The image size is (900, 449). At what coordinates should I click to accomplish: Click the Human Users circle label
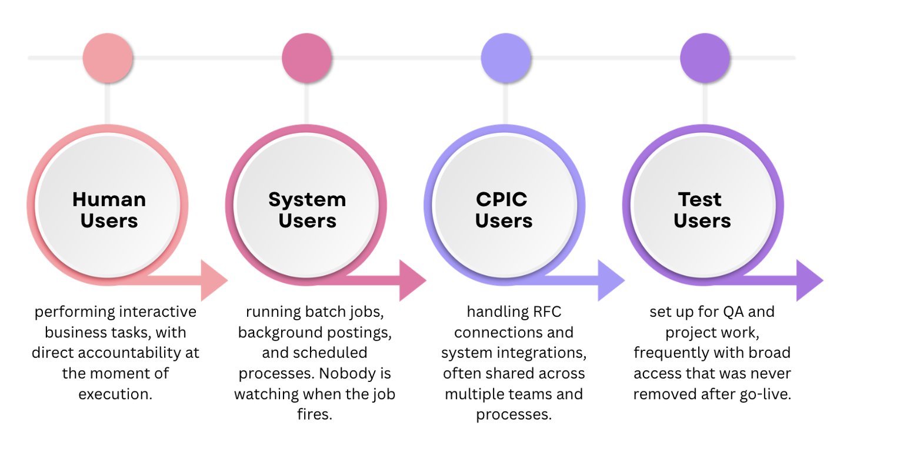pos(109,210)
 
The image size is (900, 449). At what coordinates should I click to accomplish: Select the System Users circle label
pos(308,210)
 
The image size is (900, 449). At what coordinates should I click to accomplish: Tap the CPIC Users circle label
pos(504,210)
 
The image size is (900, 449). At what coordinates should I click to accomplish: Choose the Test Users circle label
pos(702,210)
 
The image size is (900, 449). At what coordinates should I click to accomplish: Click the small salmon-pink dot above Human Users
pos(108,58)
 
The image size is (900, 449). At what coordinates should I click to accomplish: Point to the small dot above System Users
pos(306,58)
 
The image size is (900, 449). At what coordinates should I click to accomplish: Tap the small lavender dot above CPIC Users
pos(506,58)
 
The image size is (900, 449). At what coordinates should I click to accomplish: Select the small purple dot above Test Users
pos(705,58)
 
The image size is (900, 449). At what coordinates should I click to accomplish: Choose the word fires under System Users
pos(315,414)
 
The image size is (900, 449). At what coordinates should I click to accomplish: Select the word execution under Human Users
pos(115,394)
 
